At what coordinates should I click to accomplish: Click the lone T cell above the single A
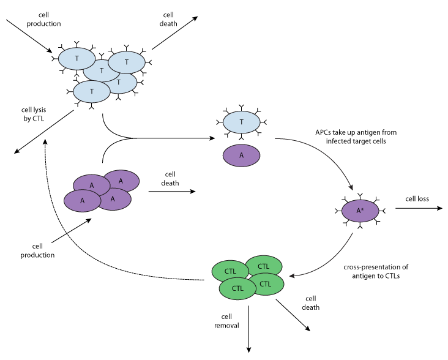tap(241, 122)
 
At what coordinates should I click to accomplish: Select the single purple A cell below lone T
tap(241, 156)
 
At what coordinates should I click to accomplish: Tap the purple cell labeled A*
tap(360, 211)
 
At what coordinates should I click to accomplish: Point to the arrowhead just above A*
tap(351, 187)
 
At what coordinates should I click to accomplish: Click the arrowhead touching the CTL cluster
tap(293, 276)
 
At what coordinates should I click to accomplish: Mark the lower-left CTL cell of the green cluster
tap(237, 289)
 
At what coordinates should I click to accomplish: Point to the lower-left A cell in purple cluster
tap(82, 201)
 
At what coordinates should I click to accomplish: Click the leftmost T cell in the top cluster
tap(77, 59)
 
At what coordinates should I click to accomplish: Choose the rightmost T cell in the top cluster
tap(127, 62)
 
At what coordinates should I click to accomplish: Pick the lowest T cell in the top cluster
tap(92, 92)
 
